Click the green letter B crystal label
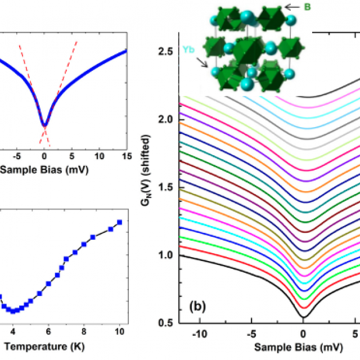307,7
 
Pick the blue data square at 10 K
119,222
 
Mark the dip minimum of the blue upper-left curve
44,124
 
